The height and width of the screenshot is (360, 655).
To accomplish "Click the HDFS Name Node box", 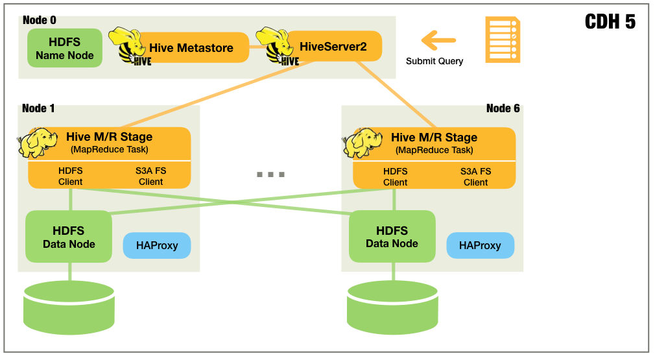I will tap(65, 48).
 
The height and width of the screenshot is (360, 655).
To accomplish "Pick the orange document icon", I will tap(503, 40).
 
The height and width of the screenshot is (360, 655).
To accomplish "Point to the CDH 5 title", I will tap(610, 22).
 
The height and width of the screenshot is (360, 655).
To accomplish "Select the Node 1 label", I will tap(38, 108).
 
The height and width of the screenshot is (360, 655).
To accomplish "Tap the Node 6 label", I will tap(503, 108).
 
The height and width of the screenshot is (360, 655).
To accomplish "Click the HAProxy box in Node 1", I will tap(157, 246).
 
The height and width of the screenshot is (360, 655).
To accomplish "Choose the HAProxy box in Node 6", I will tap(480, 246).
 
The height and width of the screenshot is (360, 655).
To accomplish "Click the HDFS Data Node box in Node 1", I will tap(69, 237).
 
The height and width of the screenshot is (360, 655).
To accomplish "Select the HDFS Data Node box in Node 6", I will tap(392, 237).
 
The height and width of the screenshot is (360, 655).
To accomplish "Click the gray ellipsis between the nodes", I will tap(270, 174).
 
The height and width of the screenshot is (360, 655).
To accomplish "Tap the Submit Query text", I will tap(435, 62).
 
